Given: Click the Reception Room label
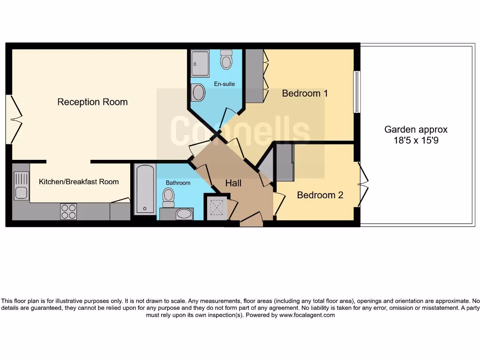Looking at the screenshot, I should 92,102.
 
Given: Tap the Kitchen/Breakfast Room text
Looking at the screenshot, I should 79,182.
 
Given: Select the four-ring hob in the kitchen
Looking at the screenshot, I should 68,211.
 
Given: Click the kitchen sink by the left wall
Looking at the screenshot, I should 21,186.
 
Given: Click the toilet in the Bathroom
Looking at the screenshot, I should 168,197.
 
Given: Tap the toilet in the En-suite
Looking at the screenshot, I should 226,60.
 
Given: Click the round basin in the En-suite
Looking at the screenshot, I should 198,92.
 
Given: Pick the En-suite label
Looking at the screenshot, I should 224,84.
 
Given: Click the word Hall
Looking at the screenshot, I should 233,183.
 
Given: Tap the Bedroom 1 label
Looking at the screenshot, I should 305,93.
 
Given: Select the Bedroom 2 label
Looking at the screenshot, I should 320,195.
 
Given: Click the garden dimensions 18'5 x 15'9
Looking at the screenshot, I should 416,140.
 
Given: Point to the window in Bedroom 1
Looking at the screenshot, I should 357,92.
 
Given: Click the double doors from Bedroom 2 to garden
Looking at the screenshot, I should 362,184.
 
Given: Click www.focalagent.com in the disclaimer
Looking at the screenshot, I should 307,315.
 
